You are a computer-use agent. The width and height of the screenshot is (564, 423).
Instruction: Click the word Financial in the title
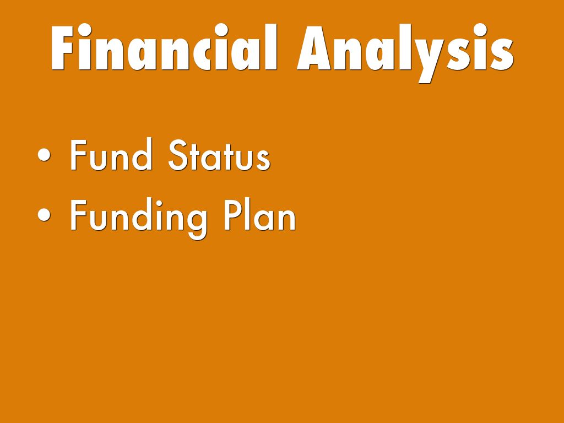(164, 47)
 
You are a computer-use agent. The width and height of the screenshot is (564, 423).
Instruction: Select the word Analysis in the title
(405, 52)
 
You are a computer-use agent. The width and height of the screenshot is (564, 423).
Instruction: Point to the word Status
(219, 155)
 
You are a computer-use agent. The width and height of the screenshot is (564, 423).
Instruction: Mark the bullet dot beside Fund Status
(44, 155)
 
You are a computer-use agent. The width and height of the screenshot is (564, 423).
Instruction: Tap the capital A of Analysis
(313, 48)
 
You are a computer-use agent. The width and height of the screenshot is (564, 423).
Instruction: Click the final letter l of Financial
(271, 47)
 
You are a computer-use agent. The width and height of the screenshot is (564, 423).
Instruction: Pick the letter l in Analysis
(405, 47)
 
